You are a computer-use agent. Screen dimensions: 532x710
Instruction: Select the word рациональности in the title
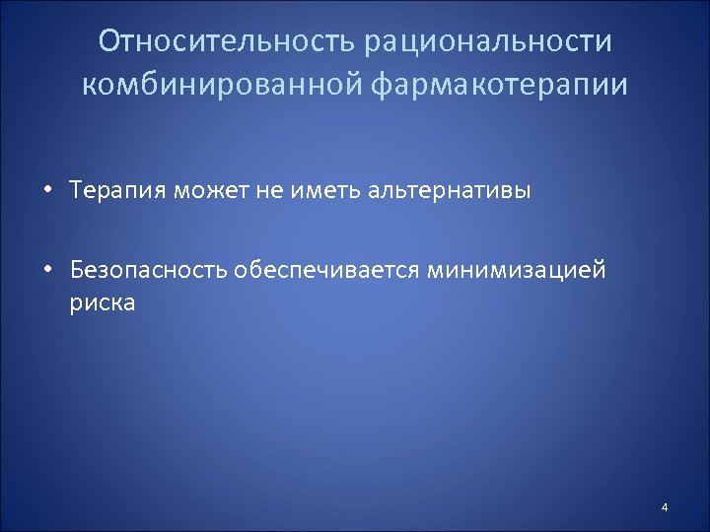click(x=487, y=42)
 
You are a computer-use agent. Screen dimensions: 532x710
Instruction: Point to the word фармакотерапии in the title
click(x=500, y=85)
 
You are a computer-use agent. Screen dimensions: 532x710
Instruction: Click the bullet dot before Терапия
click(x=47, y=191)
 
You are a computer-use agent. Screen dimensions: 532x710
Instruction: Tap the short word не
click(x=269, y=191)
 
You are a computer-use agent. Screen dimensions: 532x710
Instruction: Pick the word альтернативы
click(x=450, y=191)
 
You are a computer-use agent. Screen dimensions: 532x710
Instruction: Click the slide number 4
click(x=665, y=507)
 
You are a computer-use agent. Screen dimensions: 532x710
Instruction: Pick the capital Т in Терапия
click(x=77, y=191)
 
